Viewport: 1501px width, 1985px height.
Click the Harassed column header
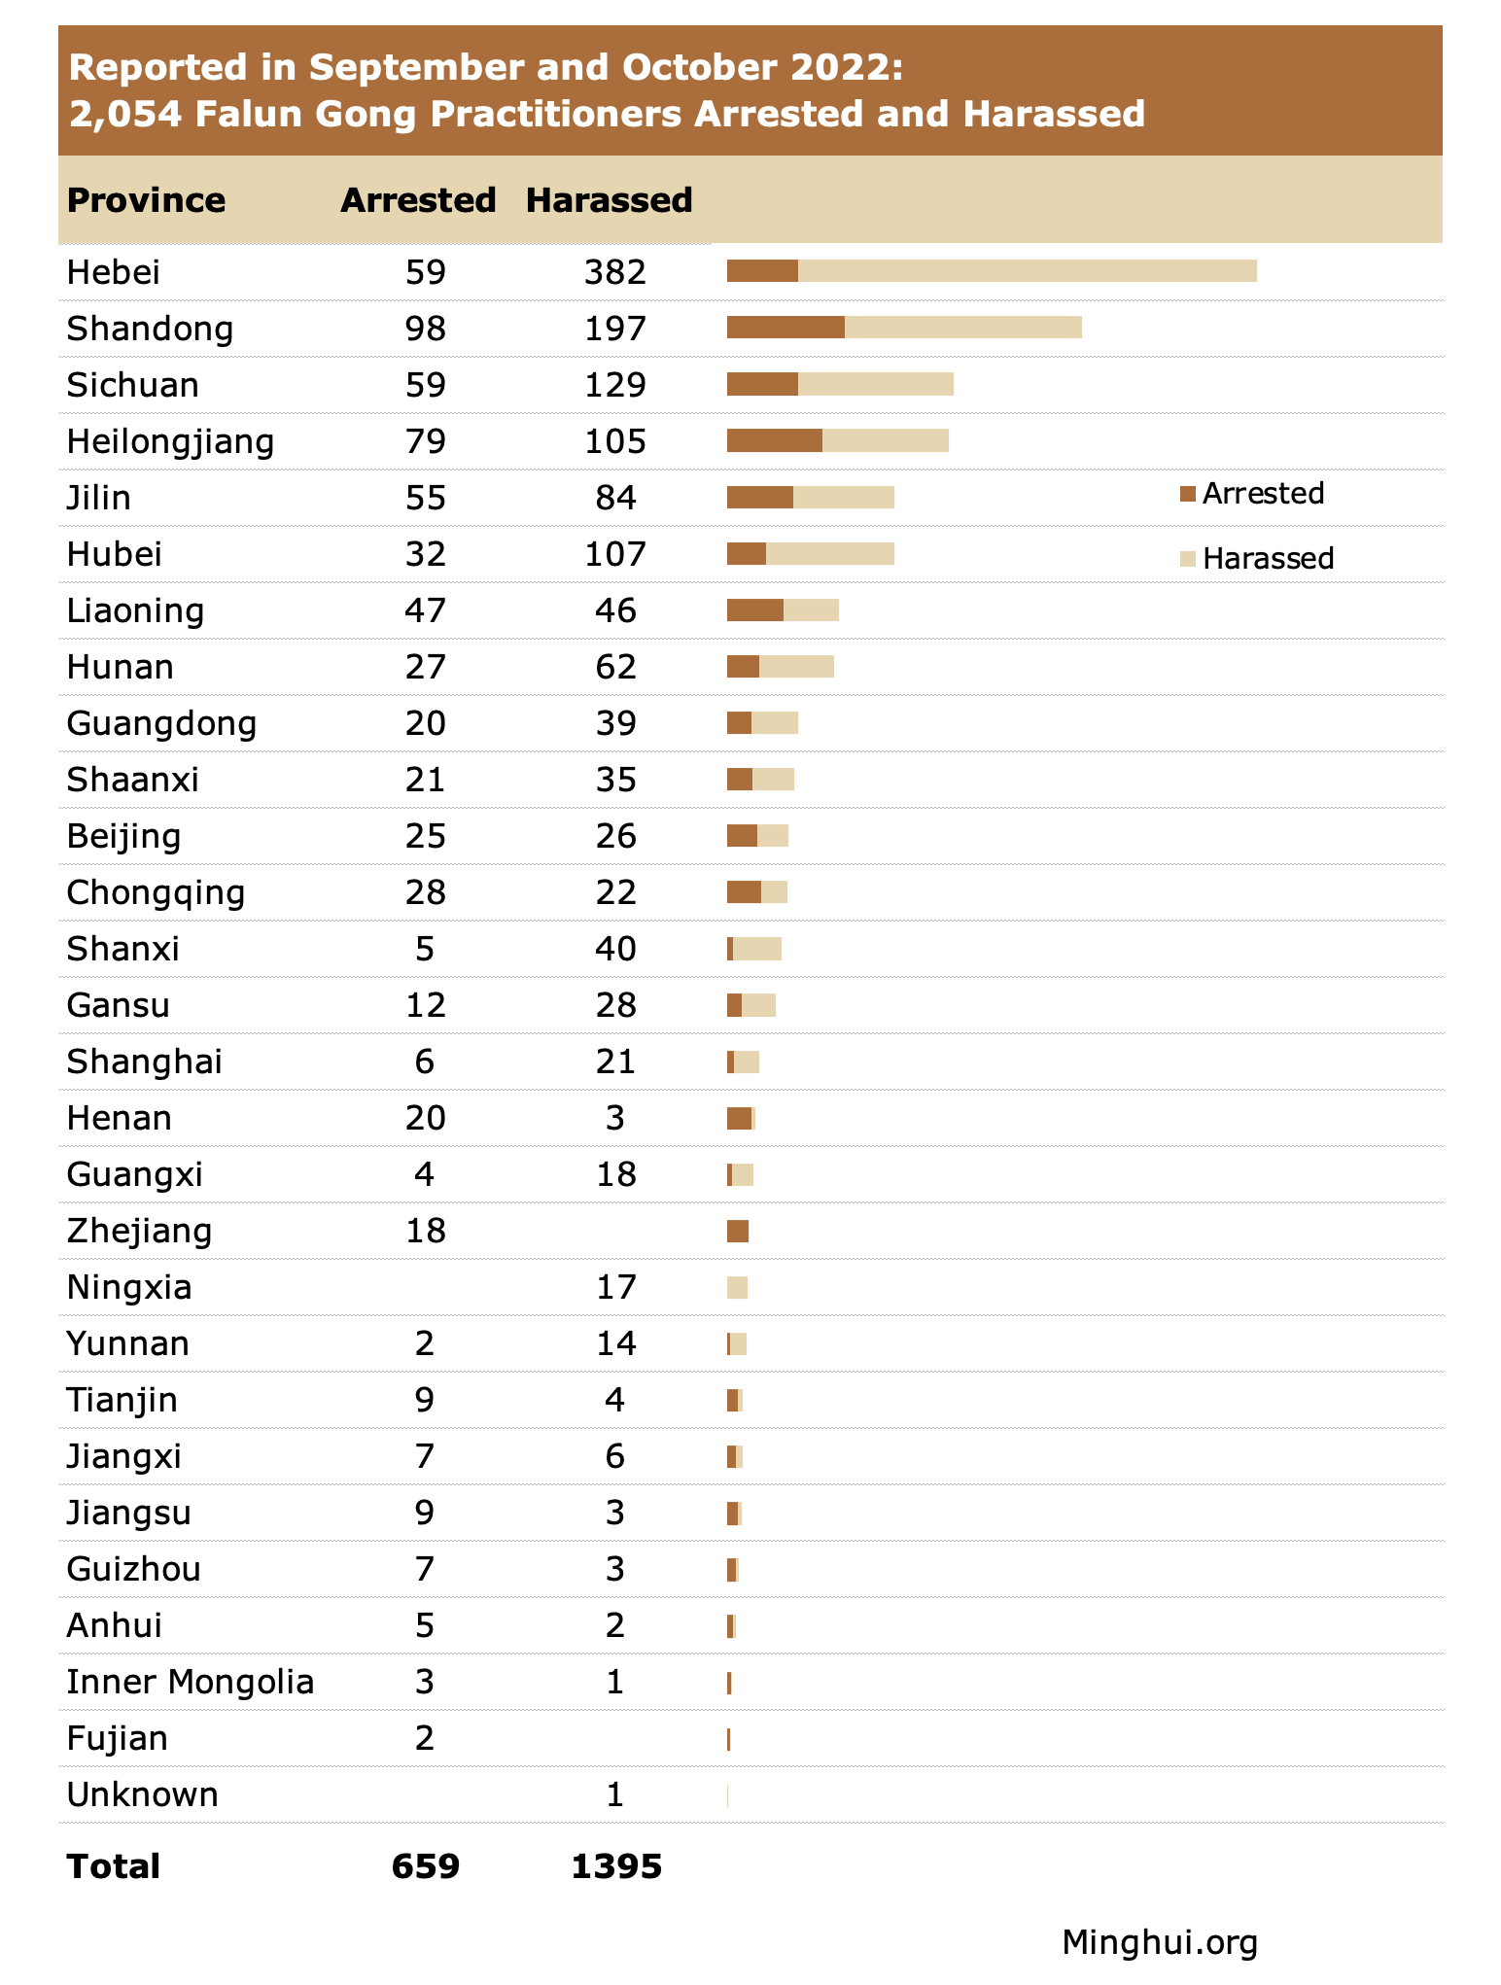point(609,200)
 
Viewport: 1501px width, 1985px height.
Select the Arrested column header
point(418,200)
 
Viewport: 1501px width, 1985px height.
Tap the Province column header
point(146,200)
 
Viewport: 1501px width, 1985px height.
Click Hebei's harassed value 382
point(614,272)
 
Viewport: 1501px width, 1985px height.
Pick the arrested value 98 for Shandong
point(425,329)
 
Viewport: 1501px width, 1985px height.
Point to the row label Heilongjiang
point(170,442)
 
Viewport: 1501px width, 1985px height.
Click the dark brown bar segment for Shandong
point(785,328)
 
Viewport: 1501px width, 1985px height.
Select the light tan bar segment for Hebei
point(1027,271)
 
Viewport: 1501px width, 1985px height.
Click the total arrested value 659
point(425,1866)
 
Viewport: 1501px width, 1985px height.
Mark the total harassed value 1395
point(616,1866)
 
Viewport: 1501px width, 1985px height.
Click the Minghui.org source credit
point(1159,1942)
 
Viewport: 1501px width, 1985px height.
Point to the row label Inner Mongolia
point(190,1682)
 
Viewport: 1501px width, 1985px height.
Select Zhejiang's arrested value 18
point(425,1231)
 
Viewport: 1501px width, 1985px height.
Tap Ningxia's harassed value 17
point(614,1287)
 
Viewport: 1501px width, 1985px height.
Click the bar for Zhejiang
point(738,1231)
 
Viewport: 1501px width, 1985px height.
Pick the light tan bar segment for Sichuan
point(875,384)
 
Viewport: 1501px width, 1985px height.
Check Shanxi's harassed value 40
point(614,949)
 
